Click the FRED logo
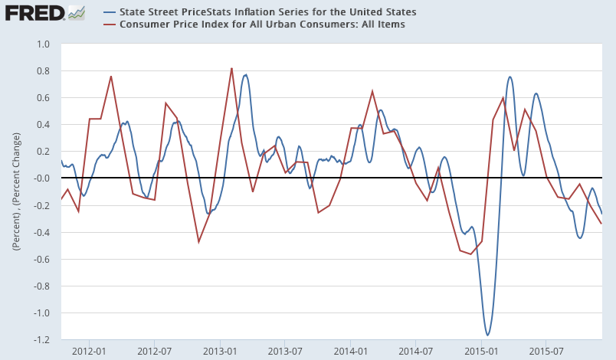point(34,13)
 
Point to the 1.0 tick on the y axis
point(43,44)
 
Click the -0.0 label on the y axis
point(41,178)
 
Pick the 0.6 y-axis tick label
point(43,98)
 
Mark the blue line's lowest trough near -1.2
point(487,335)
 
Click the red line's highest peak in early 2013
point(231,68)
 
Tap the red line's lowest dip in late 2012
point(198,242)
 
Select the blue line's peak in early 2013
point(245,74)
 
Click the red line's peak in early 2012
point(111,76)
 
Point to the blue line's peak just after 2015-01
point(510,77)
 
